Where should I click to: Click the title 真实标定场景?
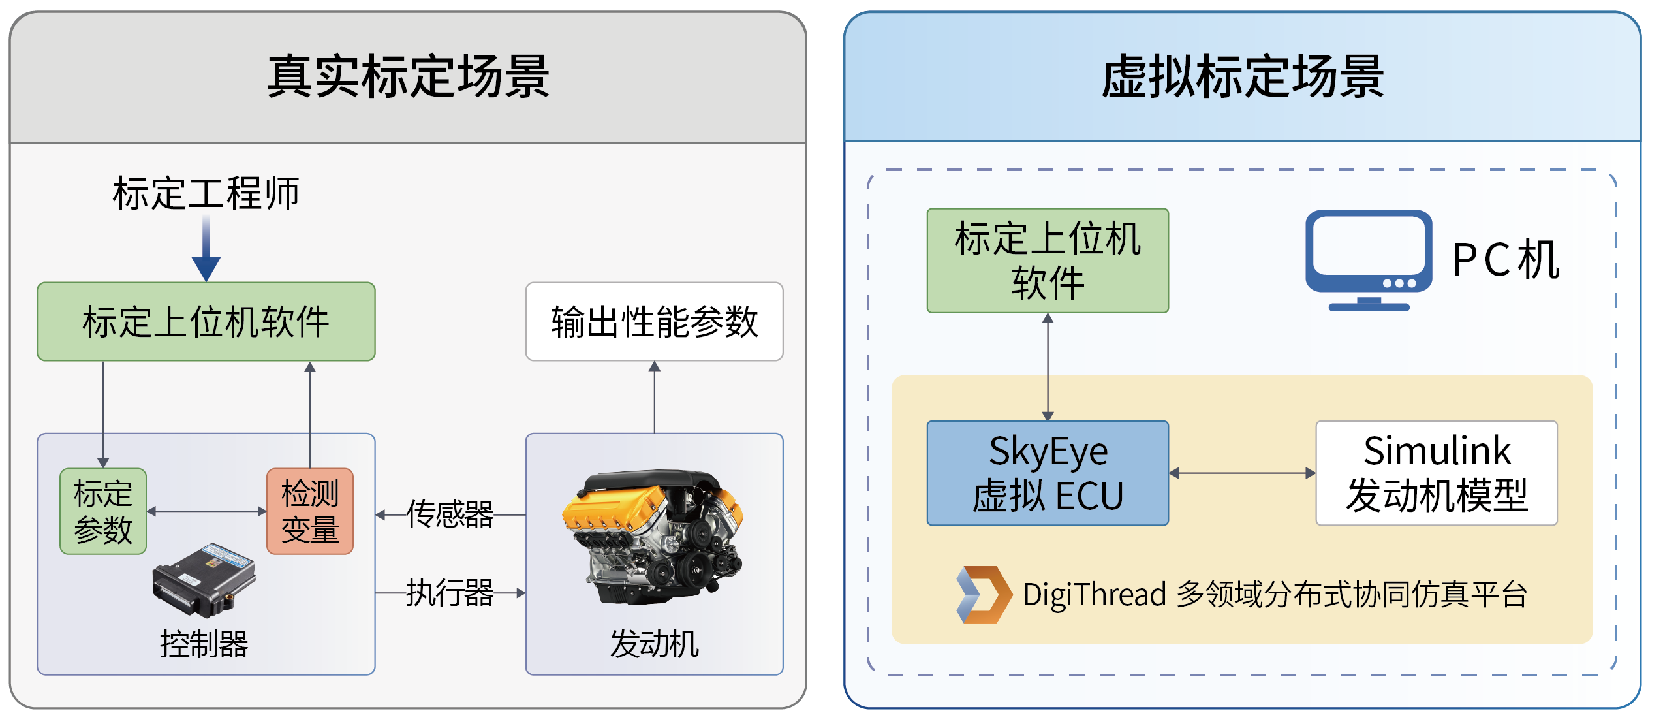pyautogui.click(x=408, y=77)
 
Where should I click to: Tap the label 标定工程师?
pyautogui.click(x=206, y=194)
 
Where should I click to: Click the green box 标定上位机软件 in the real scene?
pyautogui.click(x=206, y=322)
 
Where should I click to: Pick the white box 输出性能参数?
pyautogui.click(x=654, y=322)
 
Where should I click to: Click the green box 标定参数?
pyautogui.click(x=103, y=511)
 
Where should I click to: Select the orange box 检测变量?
pyautogui.click(x=310, y=511)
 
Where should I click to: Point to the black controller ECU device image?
pyautogui.click(x=204, y=580)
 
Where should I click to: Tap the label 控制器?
pyautogui.click(x=204, y=644)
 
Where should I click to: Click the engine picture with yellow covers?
pyautogui.click(x=653, y=535)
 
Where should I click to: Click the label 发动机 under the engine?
pyautogui.click(x=654, y=644)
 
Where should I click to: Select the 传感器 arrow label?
pyautogui.click(x=450, y=514)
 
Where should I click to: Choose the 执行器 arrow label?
pyautogui.click(x=450, y=593)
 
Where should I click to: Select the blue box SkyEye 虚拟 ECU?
pyautogui.click(x=1048, y=473)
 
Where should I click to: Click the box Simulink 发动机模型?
pyautogui.click(x=1437, y=473)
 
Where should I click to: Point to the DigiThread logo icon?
pyautogui.click(x=983, y=594)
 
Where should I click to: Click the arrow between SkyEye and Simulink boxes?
pyautogui.click(x=1242, y=473)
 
